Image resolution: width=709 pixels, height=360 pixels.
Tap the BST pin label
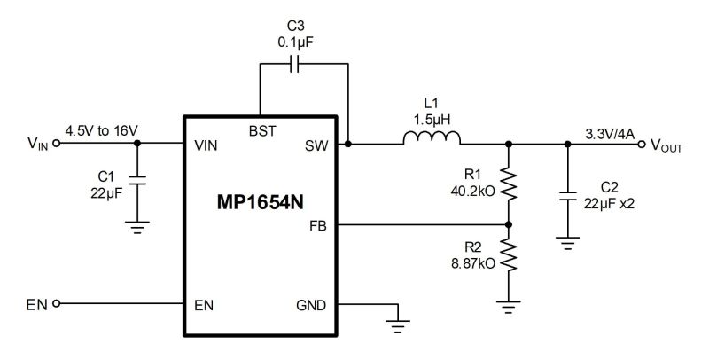point(262,130)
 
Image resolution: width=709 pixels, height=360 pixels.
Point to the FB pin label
point(317,226)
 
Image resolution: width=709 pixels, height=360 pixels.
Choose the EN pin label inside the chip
point(203,305)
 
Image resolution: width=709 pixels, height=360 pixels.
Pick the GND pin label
point(311,305)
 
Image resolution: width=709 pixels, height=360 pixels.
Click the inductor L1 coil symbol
point(432,138)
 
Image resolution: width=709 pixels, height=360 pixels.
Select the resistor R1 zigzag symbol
point(509,182)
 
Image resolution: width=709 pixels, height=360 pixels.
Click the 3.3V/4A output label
point(611,133)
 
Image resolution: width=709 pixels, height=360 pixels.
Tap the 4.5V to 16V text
point(100,131)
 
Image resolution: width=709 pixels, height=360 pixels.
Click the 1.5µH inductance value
point(432,117)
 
